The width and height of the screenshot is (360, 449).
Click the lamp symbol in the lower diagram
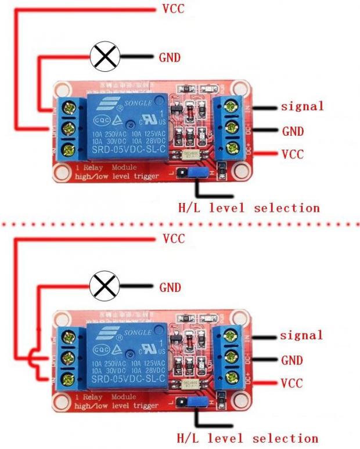(105, 286)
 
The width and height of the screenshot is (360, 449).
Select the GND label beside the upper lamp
(170, 57)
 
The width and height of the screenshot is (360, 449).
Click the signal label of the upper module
(302, 106)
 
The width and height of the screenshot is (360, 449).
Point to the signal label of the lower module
(301, 335)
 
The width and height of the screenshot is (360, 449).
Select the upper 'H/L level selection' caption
(249, 207)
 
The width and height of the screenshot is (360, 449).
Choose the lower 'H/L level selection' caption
(247, 438)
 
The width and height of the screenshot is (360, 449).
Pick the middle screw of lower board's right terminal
(233, 356)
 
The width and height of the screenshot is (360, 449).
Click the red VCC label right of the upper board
(292, 154)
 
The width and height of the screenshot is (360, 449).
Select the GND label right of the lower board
(291, 360)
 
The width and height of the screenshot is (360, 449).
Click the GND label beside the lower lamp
(170, 287)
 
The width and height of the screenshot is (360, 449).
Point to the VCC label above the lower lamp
(174, 238)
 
